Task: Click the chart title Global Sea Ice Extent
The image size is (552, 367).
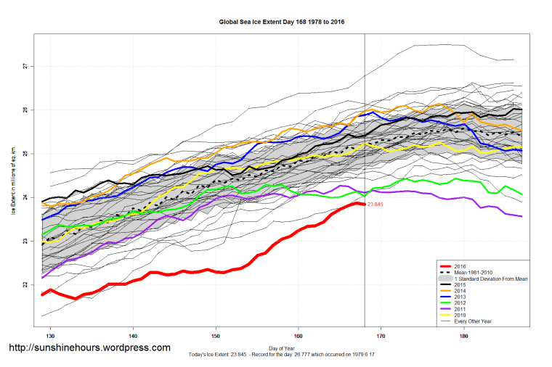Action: tap(282, 22)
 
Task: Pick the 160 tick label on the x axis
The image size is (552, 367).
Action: tap(298, 337)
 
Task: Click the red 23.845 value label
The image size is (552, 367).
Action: tap(376, 205)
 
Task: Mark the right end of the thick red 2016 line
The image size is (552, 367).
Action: tap(363, 205)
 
